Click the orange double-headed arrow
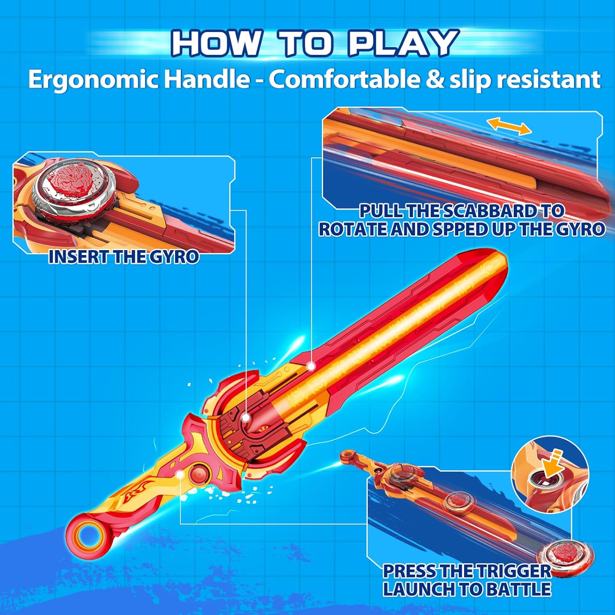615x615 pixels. point(510,126)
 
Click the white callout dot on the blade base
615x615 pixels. point(311,366)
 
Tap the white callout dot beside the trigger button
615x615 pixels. point(180,475)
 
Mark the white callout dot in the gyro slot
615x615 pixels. point(246,418)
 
